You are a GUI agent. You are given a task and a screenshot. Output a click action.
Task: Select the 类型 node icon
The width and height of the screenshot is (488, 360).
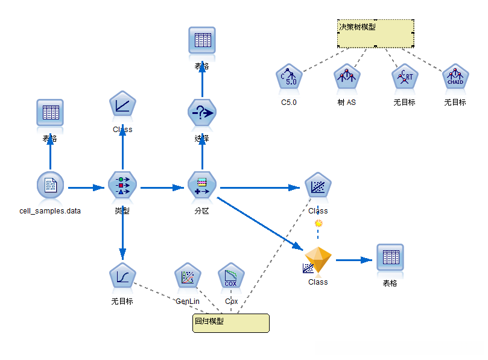click(x=122, y=185)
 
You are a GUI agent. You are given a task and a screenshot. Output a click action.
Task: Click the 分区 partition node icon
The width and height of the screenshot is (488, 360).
click(x=202, y=185)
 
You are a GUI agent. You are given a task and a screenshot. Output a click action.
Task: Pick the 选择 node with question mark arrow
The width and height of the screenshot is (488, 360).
click(x=202, y=113)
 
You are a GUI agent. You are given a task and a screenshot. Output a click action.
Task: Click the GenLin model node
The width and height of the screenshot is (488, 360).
click(x=188, y=277)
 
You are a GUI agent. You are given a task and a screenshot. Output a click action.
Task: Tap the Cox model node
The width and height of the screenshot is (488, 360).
click(x=231, y=277)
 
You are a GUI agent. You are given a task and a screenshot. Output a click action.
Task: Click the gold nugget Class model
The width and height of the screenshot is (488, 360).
click(x=318, y=261)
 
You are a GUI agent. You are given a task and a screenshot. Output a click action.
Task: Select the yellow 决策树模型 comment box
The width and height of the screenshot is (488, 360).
click(x=375, y=33)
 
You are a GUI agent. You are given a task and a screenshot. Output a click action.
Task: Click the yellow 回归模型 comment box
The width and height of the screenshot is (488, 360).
click(x=230, y=322)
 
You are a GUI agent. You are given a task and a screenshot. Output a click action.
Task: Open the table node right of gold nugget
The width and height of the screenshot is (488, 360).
click(x=390, y=258)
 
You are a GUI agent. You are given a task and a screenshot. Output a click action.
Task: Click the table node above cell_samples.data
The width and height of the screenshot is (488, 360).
click(x=50, y=113)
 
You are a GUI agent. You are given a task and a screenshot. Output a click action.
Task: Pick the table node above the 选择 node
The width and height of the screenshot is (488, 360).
click(x=202, y=40)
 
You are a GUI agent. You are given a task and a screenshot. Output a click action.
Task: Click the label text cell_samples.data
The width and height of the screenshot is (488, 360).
click(x=50, y=211)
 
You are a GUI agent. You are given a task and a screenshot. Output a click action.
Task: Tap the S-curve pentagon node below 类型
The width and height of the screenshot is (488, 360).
click(x=122, y=277)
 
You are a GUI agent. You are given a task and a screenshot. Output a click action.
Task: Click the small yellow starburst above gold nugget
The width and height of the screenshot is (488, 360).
click(x=318, y=224)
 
